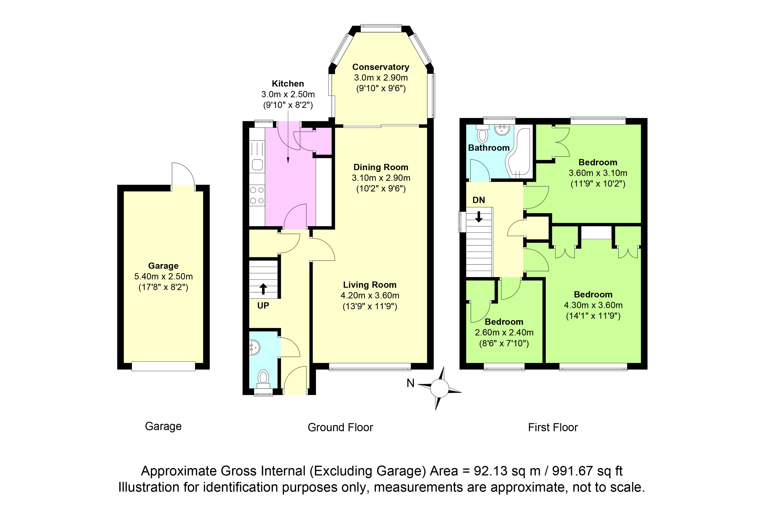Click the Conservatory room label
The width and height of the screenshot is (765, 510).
381,67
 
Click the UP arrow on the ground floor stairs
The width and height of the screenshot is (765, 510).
263,289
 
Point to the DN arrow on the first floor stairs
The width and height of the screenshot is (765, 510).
479,217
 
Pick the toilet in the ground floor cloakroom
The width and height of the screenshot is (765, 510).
263,379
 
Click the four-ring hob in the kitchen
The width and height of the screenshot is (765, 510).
257,195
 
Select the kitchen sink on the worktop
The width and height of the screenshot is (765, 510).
257,165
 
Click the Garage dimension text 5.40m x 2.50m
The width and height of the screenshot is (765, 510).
163,277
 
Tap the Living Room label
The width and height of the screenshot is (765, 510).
370,285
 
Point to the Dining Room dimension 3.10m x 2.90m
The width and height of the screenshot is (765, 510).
381,178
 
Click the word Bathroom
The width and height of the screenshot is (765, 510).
489,148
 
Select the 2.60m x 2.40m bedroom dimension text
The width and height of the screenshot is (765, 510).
504,332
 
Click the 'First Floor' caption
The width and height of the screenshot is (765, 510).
553,427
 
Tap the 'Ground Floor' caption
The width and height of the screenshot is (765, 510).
340,427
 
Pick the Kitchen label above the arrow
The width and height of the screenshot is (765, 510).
288,84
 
